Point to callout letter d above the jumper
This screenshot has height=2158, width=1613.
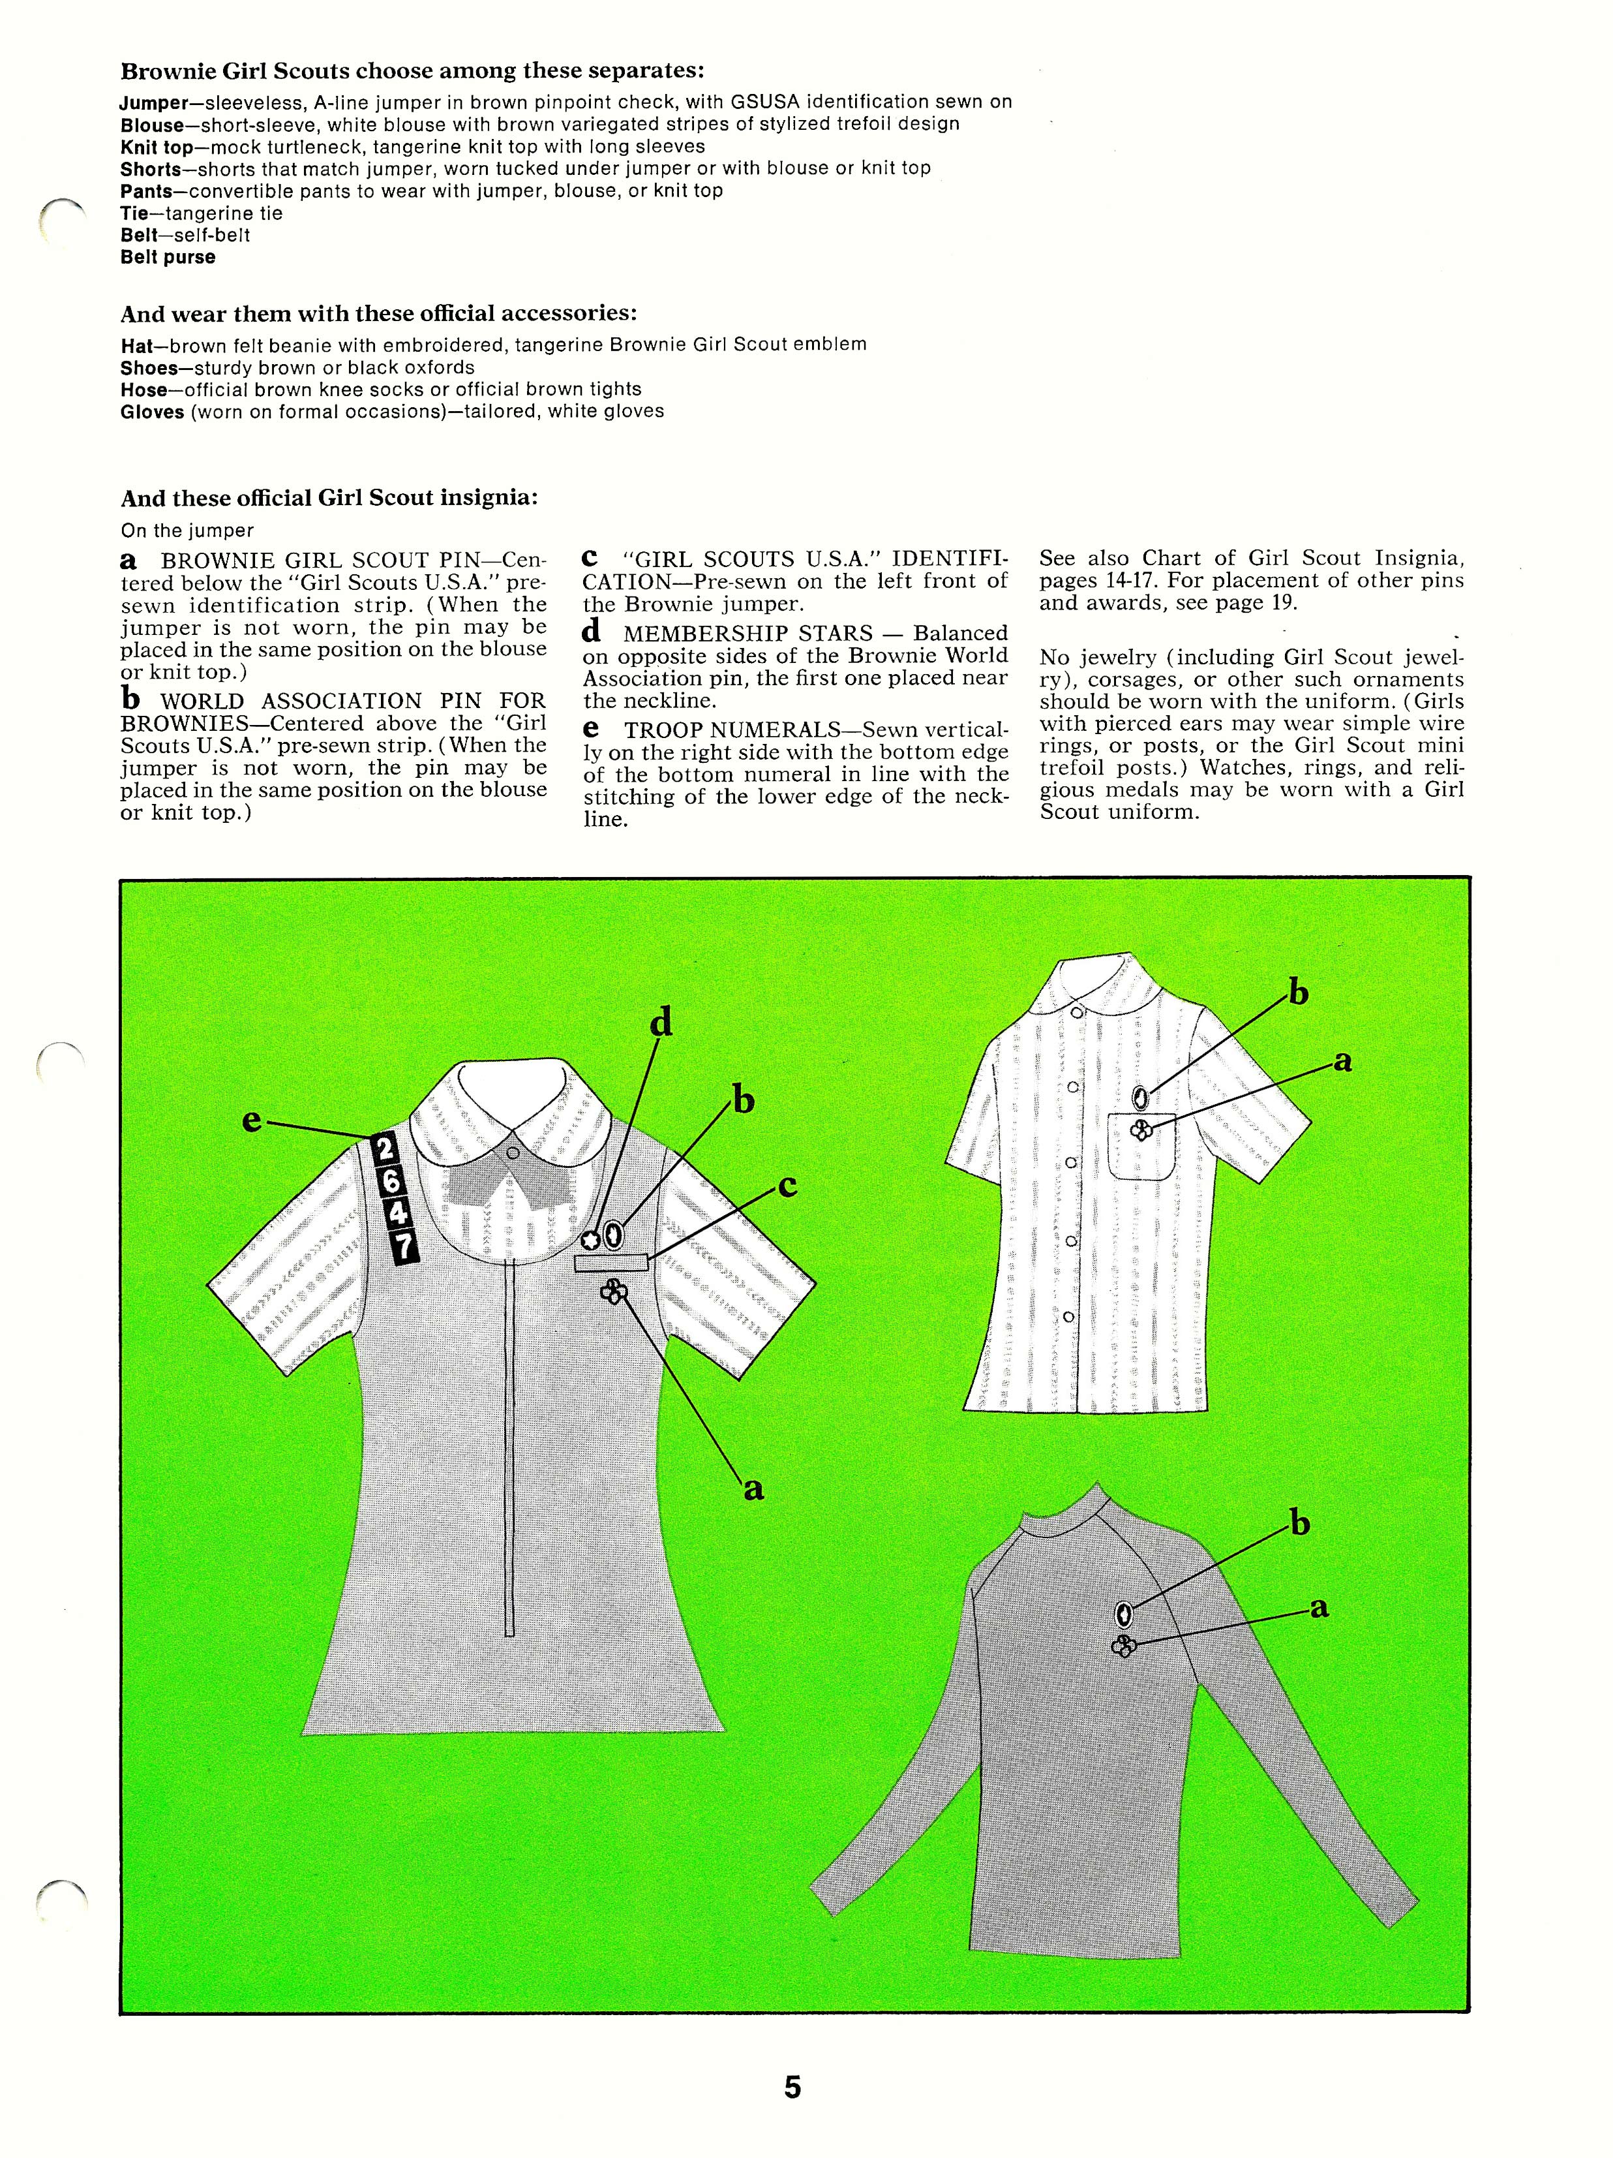click(x=661, y=1023)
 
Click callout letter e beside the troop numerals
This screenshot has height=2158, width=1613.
click(x=252, y=1121)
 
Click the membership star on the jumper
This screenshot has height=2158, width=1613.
click(x=590, y=1240)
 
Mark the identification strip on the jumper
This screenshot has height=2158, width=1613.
click(x=611, y=1263)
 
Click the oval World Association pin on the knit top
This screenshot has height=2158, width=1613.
click(x=1123, y=1614)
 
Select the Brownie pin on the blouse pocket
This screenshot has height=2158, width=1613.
click(x=1139, y=1130)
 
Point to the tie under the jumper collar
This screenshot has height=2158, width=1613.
click(x=510, y=1189)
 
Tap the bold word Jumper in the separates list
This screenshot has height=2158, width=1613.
click(x=153, y=102)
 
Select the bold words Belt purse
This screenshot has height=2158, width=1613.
click(x=168, y=258)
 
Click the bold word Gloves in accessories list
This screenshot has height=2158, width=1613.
click(x=152, y=412)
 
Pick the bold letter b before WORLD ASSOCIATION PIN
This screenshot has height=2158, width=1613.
click(x=130, y=698)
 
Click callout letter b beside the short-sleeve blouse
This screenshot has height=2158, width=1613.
click(x=1298, y=993)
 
